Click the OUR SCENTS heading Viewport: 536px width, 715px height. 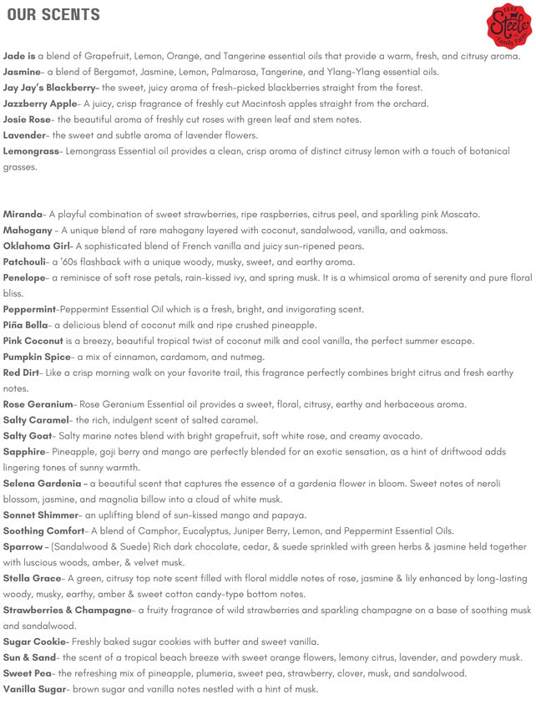point(53,15)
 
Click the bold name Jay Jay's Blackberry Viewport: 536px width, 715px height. point(50,88)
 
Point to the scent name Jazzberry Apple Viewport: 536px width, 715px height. point(39,104)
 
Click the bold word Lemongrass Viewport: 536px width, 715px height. point(31,151)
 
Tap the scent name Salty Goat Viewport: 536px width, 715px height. point(27,436)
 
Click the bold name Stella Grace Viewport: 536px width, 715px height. point(32,578)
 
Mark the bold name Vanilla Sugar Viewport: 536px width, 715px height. point(34,689)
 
